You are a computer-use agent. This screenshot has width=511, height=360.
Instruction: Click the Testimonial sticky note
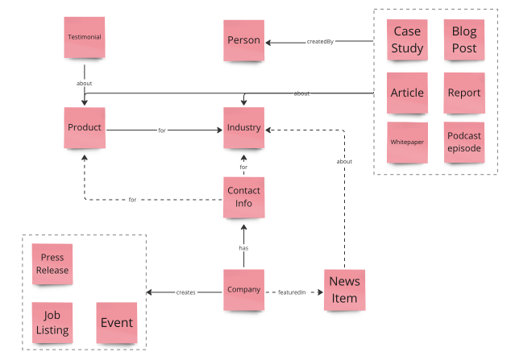85,37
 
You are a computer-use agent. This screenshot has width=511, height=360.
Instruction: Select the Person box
243,41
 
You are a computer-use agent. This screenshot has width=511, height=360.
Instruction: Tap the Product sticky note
85,128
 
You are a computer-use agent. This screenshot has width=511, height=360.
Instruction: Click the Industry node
243,128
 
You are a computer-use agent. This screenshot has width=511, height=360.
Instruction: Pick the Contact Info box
243,197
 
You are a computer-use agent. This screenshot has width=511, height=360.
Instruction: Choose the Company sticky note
243,291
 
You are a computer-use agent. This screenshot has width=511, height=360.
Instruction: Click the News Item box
344,291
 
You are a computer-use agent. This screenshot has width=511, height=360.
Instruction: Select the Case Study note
407,39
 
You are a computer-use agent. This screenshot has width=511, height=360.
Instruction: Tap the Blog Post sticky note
464,39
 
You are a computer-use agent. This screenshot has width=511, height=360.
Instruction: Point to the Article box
407,93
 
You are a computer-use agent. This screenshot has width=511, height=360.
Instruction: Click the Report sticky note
464,93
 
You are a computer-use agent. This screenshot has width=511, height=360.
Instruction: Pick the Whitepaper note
407,142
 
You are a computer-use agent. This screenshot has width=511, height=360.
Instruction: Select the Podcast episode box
464,142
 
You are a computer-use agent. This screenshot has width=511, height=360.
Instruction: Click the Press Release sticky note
52,264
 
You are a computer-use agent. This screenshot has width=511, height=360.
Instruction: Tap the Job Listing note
52,323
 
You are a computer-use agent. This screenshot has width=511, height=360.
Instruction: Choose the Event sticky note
116,323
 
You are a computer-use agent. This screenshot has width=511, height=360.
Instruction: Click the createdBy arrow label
320,42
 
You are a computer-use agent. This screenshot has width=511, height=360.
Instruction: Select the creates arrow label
185,292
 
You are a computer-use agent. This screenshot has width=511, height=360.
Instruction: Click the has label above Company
243,248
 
